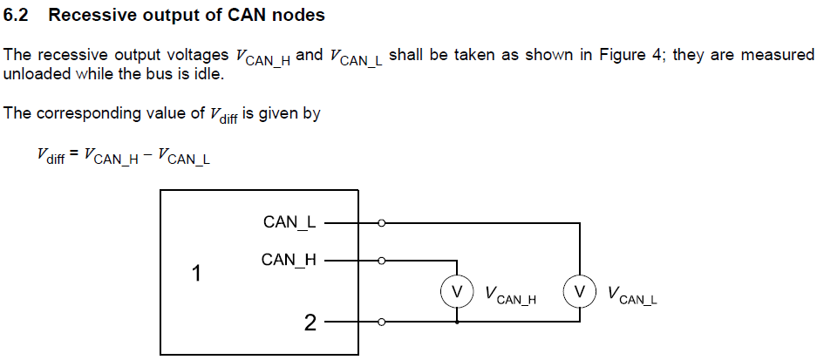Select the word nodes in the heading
[299, 15]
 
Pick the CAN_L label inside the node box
[289, 222]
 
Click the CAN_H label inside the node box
[289, 260]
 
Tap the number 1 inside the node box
[196, 274]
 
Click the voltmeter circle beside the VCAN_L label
[578, 291]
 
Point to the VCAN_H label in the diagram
[510, 295]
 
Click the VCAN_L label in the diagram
[632, 295]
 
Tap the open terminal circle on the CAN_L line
[381, 223]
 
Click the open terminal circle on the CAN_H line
[381, 260]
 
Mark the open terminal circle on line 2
[381, 323]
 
